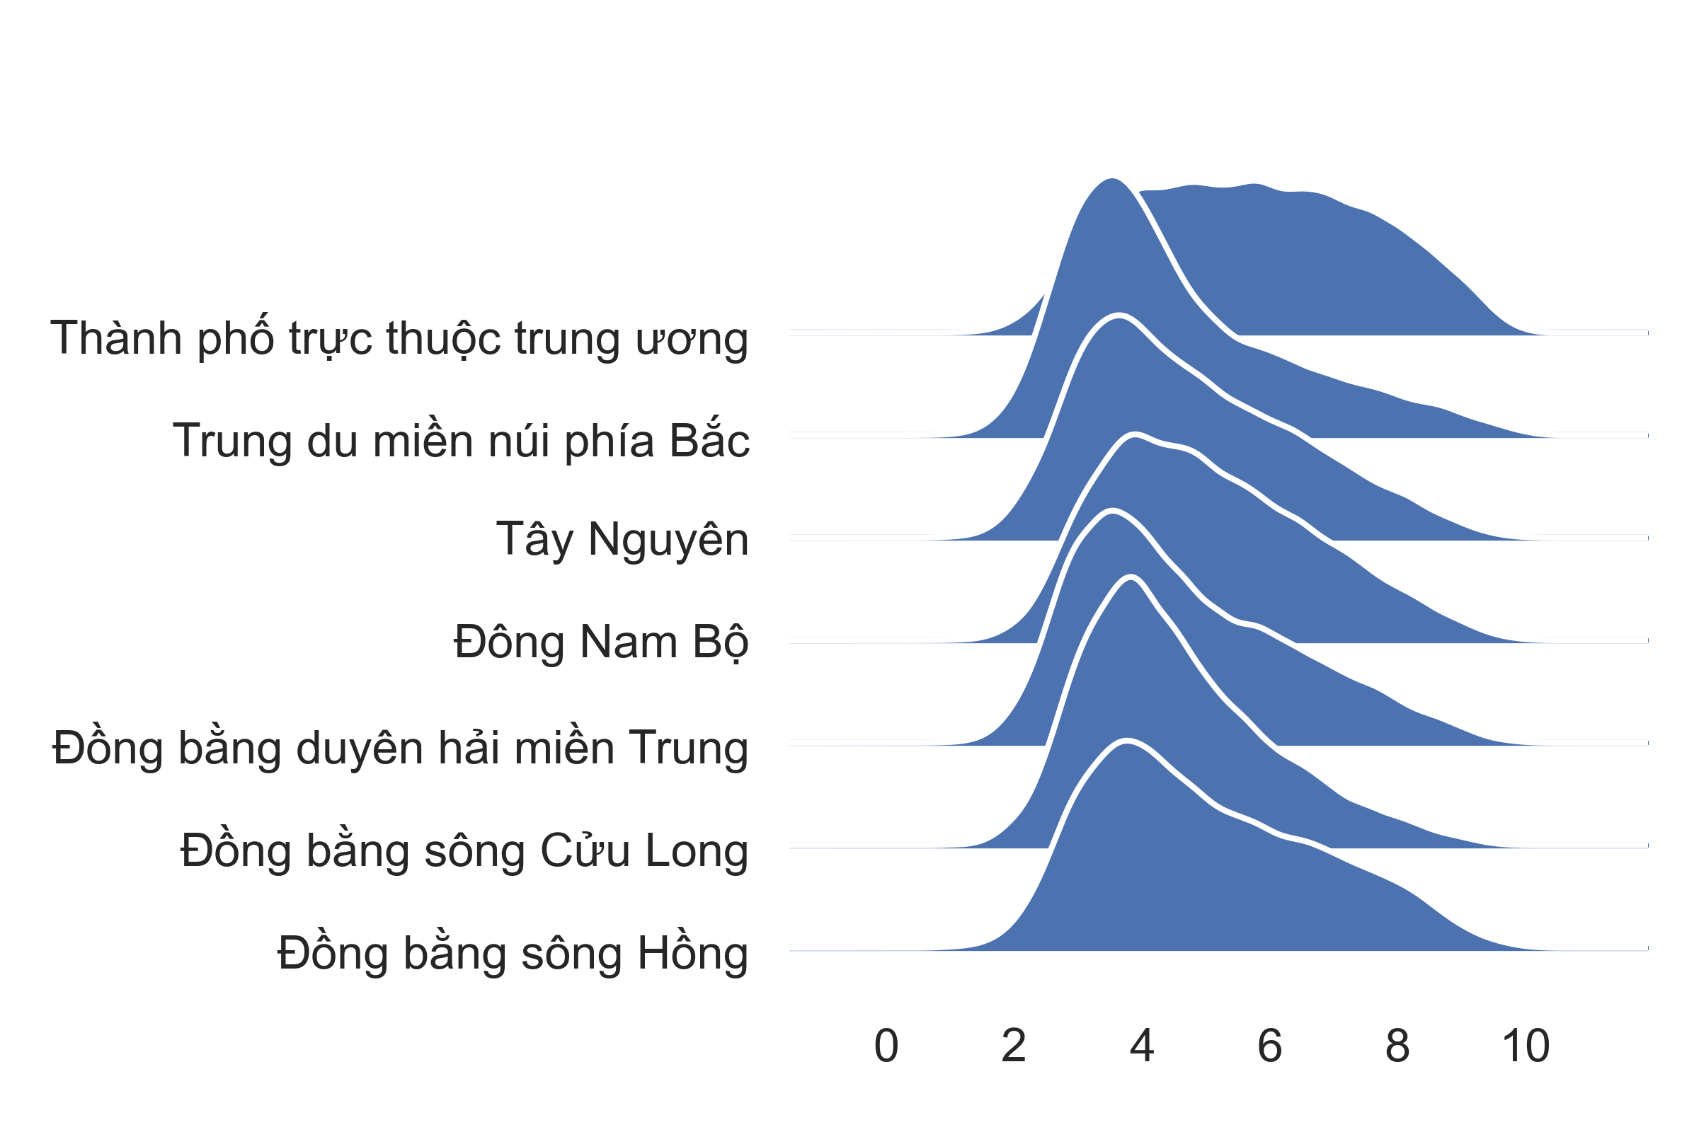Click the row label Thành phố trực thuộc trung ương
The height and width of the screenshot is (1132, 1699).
[399, 338]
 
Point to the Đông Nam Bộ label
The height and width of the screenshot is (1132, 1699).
[601, 641]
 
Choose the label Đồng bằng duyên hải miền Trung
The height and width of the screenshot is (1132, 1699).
[400, 748]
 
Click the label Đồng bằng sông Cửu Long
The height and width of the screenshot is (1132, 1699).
[464, 850]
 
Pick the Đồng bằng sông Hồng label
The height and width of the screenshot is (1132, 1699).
[513, 952]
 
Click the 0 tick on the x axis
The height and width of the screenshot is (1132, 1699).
[886, 1046]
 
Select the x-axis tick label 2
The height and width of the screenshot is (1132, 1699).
[1014, 1046]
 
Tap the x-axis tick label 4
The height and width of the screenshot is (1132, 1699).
[1142, 1046]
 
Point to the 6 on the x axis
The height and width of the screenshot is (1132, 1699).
[1269, 1046]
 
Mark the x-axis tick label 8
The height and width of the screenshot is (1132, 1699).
[1397, 1046]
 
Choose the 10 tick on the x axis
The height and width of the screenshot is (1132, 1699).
[1526, 1046]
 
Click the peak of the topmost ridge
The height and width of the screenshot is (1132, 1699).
[1111, 178]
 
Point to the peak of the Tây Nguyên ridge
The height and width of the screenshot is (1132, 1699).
[1136, 433]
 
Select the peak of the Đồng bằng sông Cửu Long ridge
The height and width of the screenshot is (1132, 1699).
[1131, 576]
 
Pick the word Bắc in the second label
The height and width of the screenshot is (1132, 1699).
[709, 438]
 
